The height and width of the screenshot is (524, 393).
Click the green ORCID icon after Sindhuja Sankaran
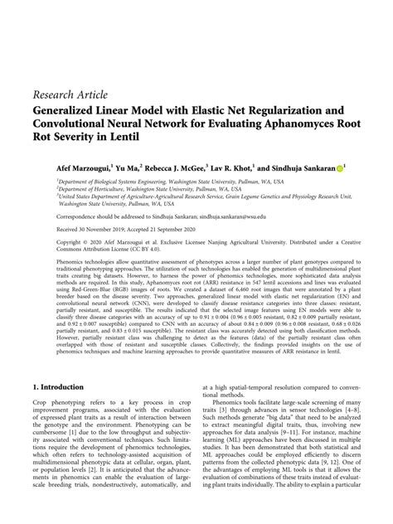point(339,167)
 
